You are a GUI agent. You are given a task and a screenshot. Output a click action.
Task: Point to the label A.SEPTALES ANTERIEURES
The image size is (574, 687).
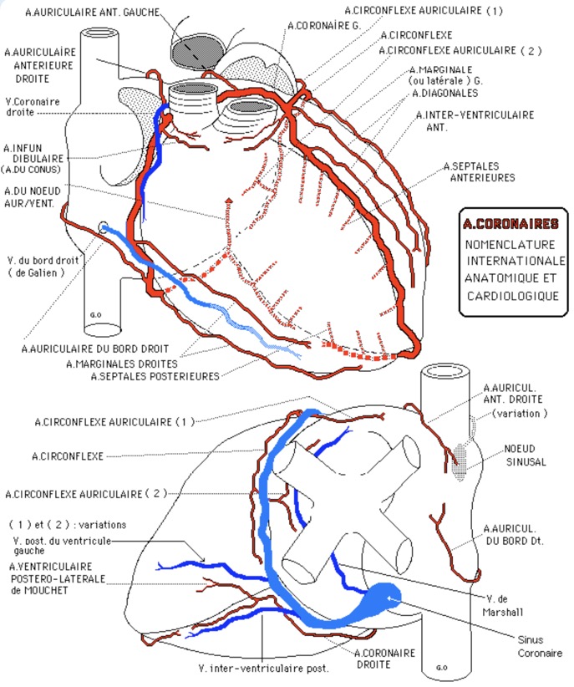[x=479, y=171]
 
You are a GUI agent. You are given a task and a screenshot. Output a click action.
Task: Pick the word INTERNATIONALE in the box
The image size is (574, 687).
[x=516, y=261]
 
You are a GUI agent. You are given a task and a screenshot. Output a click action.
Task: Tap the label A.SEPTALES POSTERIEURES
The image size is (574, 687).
[x=155, y=376]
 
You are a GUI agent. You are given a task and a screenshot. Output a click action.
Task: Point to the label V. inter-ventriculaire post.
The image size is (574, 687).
[x=264, y=668]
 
